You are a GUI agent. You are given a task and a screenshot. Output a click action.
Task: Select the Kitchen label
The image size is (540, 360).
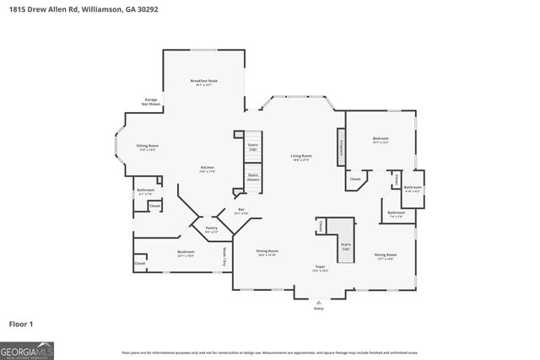click(207, 169)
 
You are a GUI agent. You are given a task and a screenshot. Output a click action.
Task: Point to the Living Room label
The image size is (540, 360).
click(301, 157)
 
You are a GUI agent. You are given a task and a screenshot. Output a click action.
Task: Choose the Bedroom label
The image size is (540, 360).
click(381, 139)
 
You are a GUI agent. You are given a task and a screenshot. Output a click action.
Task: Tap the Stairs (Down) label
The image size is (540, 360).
click(253, 179)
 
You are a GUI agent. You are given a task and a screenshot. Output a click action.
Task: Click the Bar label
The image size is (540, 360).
click(240, 211)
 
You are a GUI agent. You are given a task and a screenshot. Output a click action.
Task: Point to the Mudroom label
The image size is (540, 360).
click(186, 253)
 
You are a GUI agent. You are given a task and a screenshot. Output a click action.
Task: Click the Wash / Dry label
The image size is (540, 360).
click(224, 257)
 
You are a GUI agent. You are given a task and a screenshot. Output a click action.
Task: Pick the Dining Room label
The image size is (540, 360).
click(267, 252)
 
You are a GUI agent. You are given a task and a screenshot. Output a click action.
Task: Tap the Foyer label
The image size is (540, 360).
click(321, 268)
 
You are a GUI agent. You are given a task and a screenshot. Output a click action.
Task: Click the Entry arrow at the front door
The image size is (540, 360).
click(318, 302)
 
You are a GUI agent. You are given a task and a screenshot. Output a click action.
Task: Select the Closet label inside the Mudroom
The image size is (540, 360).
click(140, 264)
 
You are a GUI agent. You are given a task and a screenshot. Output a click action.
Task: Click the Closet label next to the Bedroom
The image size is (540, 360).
click(355, 179)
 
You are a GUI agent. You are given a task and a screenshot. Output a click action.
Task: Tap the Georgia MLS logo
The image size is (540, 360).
click(27, 349)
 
